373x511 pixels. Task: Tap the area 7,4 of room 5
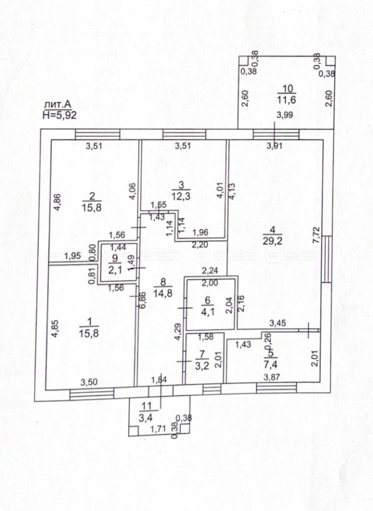tap(273, 367)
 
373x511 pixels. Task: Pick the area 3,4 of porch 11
tap(145, 416)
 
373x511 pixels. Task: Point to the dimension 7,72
tap(316, 234)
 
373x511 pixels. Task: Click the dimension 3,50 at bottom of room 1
tap(88, 382)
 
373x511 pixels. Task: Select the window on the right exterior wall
tap(326, 258)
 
